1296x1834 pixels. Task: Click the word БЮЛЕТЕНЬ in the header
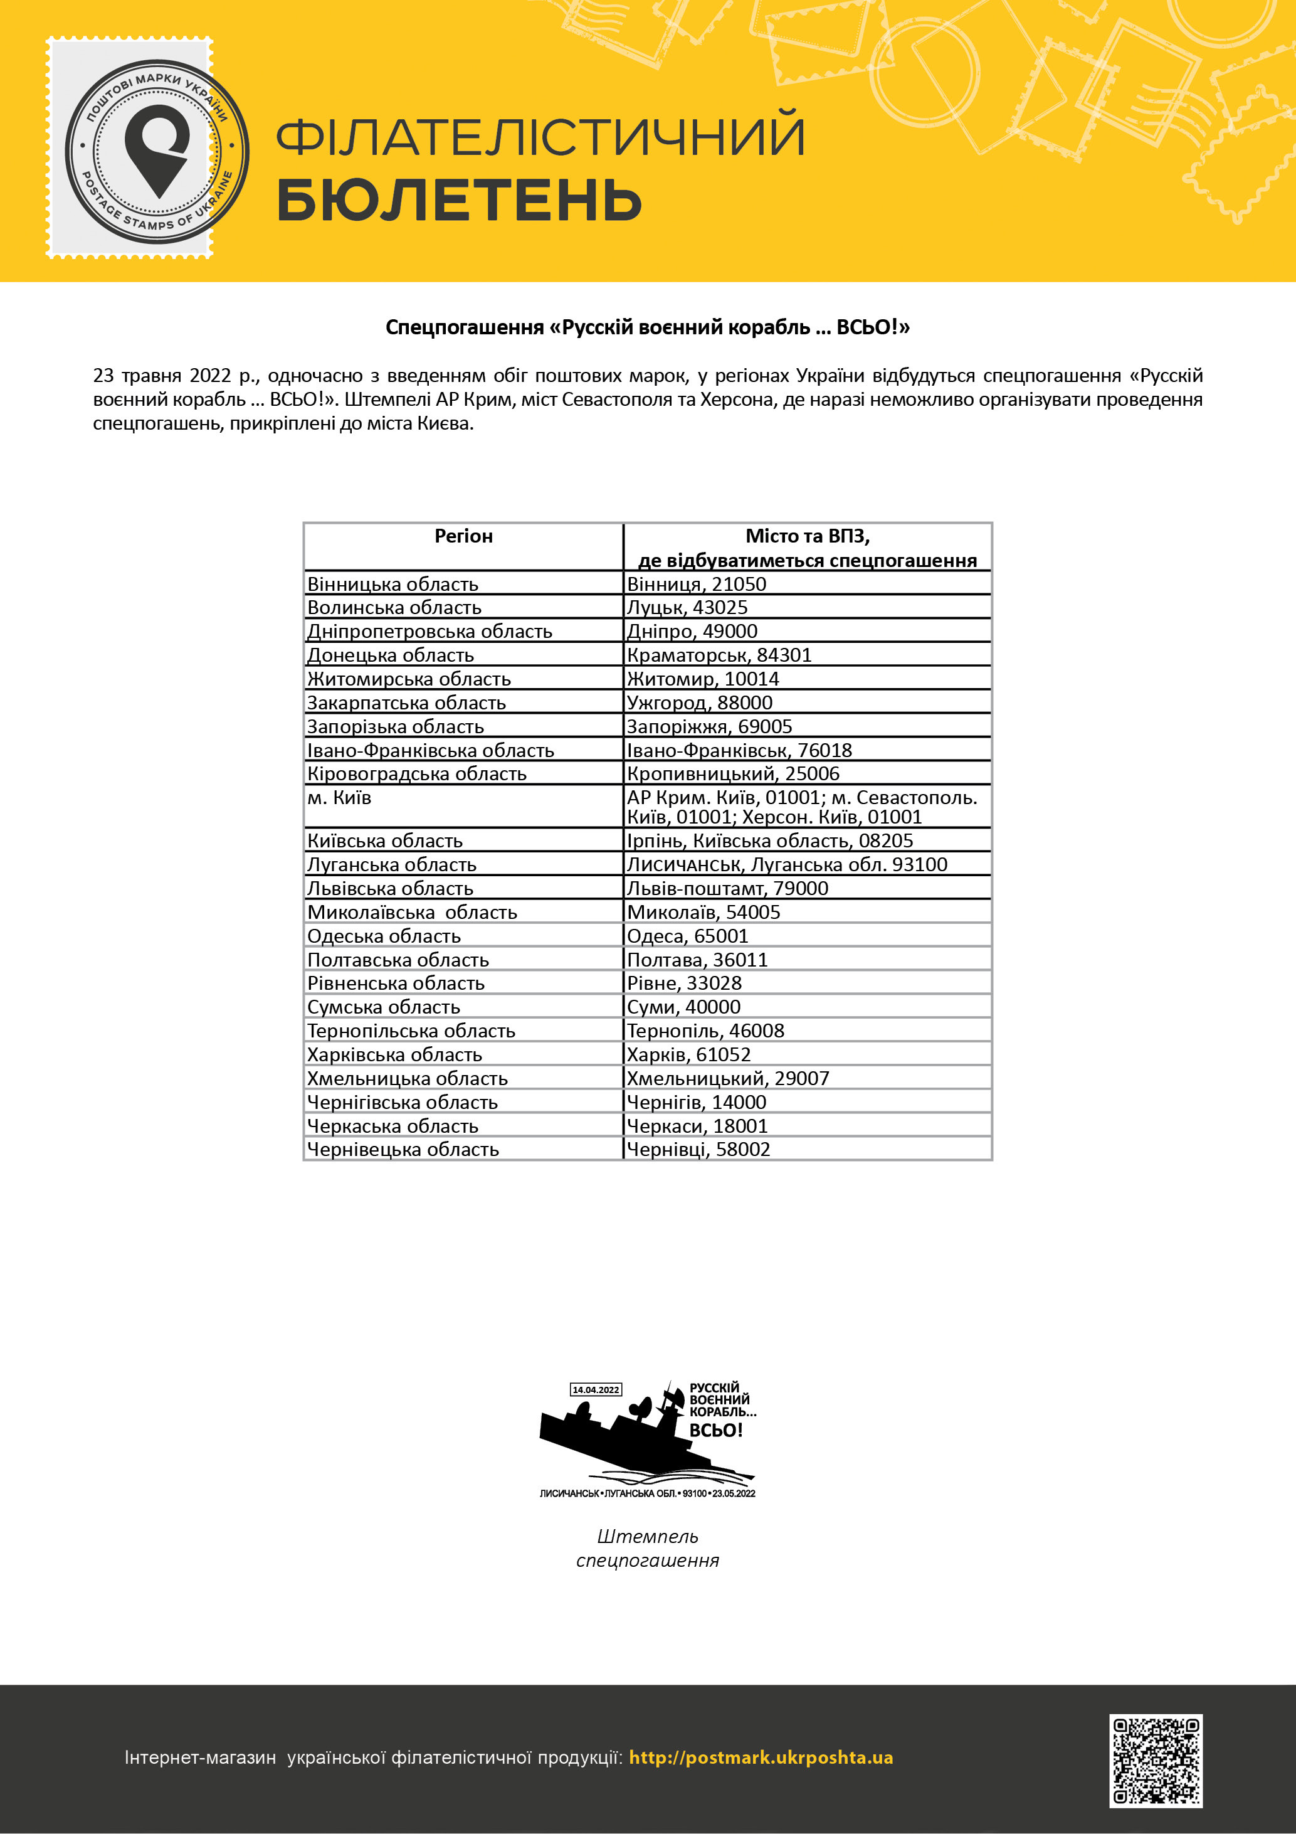(459, 199)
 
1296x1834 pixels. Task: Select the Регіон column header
(463, 536)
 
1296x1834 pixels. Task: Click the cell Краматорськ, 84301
(719, 655)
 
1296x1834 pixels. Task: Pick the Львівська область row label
(391, 888)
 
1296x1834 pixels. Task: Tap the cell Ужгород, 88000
(700, 703)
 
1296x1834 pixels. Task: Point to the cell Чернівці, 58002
(698, 1150)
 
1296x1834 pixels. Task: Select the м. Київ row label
(339, 798)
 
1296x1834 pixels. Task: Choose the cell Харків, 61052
(689, 1054)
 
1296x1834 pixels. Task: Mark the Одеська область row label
(384, 936)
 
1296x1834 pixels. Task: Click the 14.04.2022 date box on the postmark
(595, 1390)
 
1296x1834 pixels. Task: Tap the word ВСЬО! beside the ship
(716, 1430)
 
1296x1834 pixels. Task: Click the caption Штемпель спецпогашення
(648, 1548)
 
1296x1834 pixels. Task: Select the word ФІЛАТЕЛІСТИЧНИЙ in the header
(540, 137)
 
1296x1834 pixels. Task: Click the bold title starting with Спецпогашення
(648, 327)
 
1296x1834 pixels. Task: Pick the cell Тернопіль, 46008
(706, 1031)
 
